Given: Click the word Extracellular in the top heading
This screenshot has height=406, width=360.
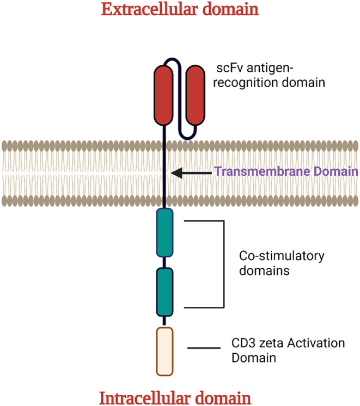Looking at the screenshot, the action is pyautogui.click(x=150, y=9).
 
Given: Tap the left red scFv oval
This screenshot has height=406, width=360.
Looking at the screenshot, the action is pyautogui.click(x=163, y=95).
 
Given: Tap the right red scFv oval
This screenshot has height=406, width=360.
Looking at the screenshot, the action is pyautogui.click(x=196, y=95).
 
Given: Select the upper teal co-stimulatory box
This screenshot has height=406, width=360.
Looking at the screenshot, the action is pyautogui.click(x=164, y=232).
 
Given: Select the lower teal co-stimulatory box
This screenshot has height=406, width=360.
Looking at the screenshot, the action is pyautogui.click(x=164, y=292).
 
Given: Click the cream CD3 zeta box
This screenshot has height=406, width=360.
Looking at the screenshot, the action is pyautogui.click(x=164, y=352).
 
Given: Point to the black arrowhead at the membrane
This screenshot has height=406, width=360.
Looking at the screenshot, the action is pyautogui.click(x=177, y=173).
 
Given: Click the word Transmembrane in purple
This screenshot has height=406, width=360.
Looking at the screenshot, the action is pyautogui.click(x=263, y=171).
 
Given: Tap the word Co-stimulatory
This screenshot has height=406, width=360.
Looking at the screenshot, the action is pyautogui.click(x=282, y=256).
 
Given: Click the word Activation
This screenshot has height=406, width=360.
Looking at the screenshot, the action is pyautogui.click(x=316, y=343).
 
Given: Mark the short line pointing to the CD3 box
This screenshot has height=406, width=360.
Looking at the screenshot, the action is pyautogui.click(x=204, y=348).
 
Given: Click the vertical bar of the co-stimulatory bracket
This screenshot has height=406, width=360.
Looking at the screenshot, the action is pyautogui.click(x=224, y=264).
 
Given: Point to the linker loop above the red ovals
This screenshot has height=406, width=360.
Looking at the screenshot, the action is pyautogui.click(x=171, y=59).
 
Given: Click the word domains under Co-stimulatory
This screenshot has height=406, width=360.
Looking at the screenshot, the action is pyautogui.click(x=264, y=271).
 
